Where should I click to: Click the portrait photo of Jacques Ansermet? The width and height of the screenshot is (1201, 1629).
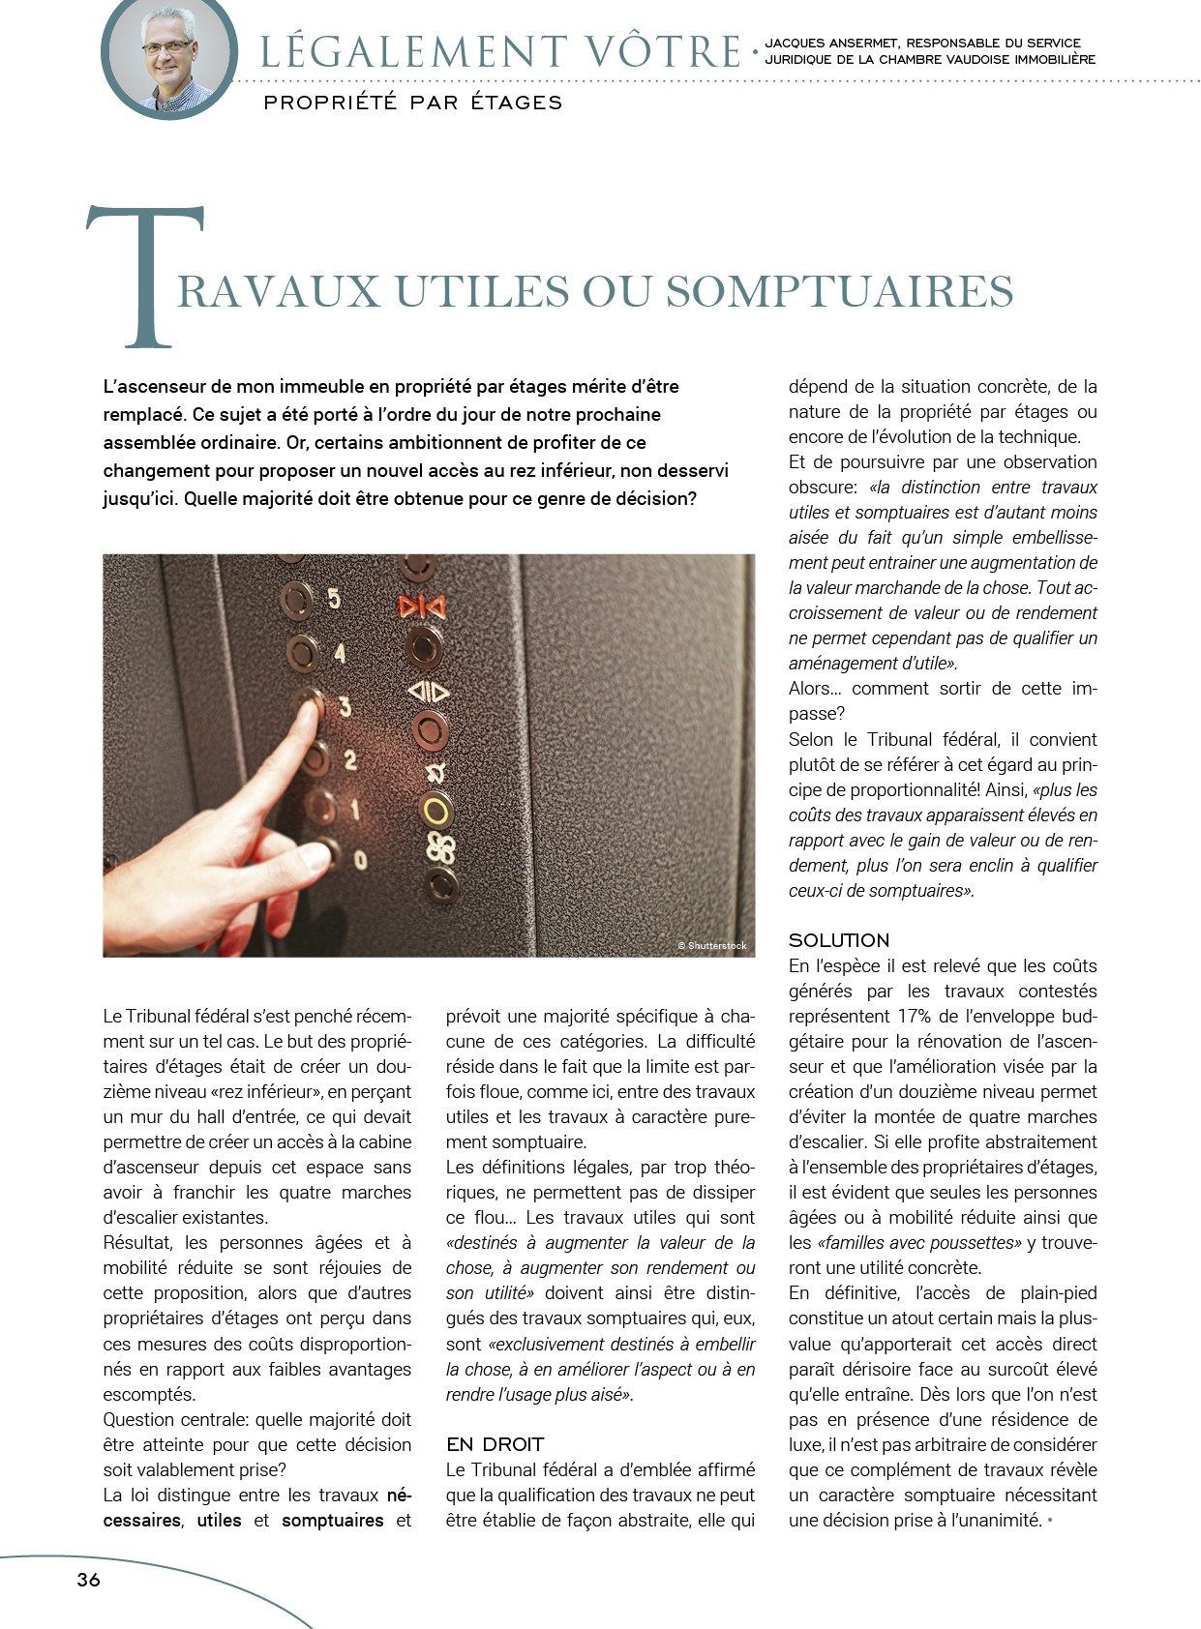pos(169,56)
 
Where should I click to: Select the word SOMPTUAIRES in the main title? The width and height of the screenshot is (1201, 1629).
pos(839,291)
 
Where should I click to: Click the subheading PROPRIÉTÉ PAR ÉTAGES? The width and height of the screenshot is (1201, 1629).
pos(412,103)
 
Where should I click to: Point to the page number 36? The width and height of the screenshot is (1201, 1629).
pos(88,1580)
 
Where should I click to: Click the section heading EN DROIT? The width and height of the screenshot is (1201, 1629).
pos(495,1444)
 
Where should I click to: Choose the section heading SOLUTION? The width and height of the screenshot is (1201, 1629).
pos(838,940)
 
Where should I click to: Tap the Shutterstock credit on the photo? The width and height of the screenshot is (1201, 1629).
pos(712,945)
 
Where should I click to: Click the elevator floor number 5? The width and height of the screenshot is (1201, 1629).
pos(334,599)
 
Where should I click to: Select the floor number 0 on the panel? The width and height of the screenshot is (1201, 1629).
pos(360,858)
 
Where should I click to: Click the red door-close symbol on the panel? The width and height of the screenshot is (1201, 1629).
pos(422,607)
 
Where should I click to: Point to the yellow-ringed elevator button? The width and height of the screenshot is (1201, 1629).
pos(436,811)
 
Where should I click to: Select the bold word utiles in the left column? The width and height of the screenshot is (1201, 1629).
pos(219,1520)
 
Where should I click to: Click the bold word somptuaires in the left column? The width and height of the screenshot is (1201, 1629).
pos(332,1520)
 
